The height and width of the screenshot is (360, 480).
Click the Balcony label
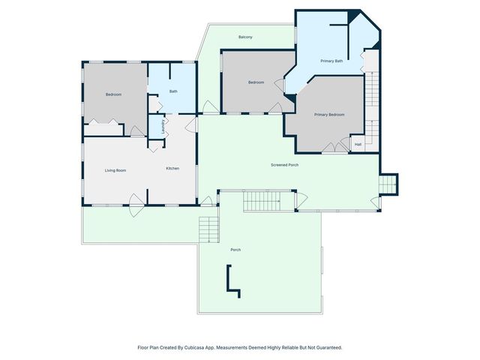coord(245,37)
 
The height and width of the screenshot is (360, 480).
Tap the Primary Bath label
coord(331,61)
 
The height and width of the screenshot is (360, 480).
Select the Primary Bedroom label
coord(329,115)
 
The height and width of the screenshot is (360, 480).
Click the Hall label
coord(358,144)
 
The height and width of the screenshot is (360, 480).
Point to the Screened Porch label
coord(285,164)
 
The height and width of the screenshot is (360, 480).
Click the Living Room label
coord(115,170)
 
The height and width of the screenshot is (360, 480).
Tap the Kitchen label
coord(172,168)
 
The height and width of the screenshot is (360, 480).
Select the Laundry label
coord(163,126)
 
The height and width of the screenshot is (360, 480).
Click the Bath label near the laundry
coord(173,91)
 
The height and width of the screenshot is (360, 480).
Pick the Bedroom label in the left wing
coord(113,94)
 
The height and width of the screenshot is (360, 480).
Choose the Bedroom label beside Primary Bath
coord(256,82)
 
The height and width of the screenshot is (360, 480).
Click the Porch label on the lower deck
coord(235,250)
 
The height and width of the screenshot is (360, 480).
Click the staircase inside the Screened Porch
coord(268,201)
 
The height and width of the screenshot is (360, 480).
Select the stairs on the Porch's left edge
coord(208,229)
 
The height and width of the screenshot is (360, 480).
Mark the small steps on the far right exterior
coord(388,184)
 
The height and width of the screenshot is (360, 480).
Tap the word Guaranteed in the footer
coord(326,348)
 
